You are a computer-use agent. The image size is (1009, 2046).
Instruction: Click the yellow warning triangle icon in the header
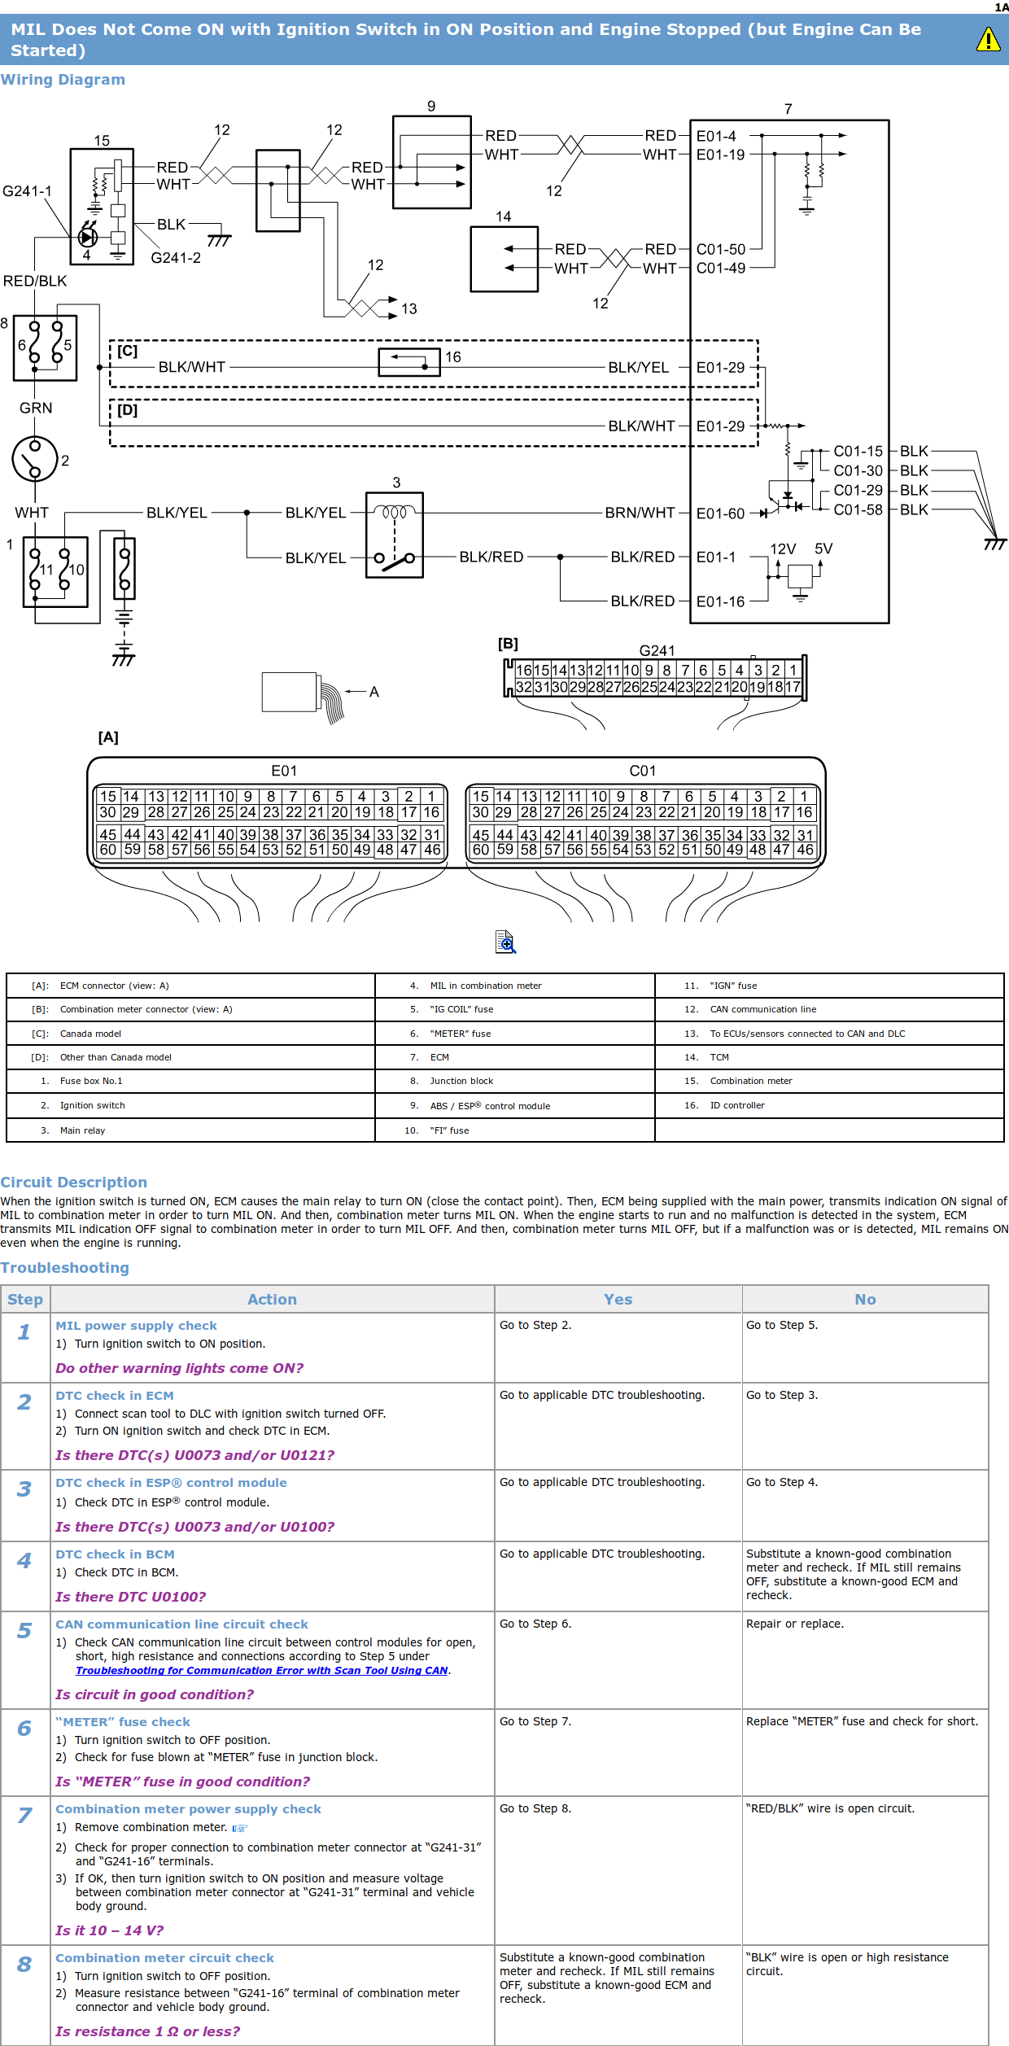click(x=988, y=39)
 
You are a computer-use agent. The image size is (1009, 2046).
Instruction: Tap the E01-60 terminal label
click(x=720, y=514)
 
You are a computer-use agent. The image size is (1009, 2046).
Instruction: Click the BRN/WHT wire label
click(x=640, y=513)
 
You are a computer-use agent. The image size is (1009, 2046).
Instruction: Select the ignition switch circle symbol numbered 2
click(x=35, y=459)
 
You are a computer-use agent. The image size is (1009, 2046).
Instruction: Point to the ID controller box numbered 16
click(x=409, y=362)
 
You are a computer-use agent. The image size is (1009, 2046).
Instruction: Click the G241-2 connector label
click(x=176, y=258)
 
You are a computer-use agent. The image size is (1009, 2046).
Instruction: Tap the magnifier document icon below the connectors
click(x=505, y=942)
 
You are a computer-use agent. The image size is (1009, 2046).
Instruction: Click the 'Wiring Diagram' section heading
click(x=63, y=80)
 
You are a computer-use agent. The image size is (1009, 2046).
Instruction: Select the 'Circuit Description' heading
click(x=73, y=1183)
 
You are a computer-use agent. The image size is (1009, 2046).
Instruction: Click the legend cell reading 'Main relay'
click(x=82, y=1130)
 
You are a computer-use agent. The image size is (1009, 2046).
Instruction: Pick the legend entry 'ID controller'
click(x=737, y=1105)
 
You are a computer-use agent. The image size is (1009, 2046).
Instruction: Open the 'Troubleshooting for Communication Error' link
click(x=262, y=1670)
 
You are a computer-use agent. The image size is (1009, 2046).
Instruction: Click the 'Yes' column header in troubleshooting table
click(x=618, y=1300)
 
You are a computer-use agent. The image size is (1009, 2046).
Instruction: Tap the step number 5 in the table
click(x=24, y=1631)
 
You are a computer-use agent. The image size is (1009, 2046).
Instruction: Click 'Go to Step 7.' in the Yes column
click(x=535, y=1721)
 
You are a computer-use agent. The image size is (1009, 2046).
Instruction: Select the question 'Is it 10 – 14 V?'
click(x=109, y=1930)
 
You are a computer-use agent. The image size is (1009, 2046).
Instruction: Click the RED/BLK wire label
click(x=35, y=282)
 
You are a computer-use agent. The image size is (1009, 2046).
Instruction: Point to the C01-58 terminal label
click(x=858, y=510)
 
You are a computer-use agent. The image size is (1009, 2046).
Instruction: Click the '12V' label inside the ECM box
click(x=783, y=549)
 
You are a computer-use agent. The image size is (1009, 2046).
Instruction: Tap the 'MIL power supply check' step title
click(x=136, y=1326)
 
